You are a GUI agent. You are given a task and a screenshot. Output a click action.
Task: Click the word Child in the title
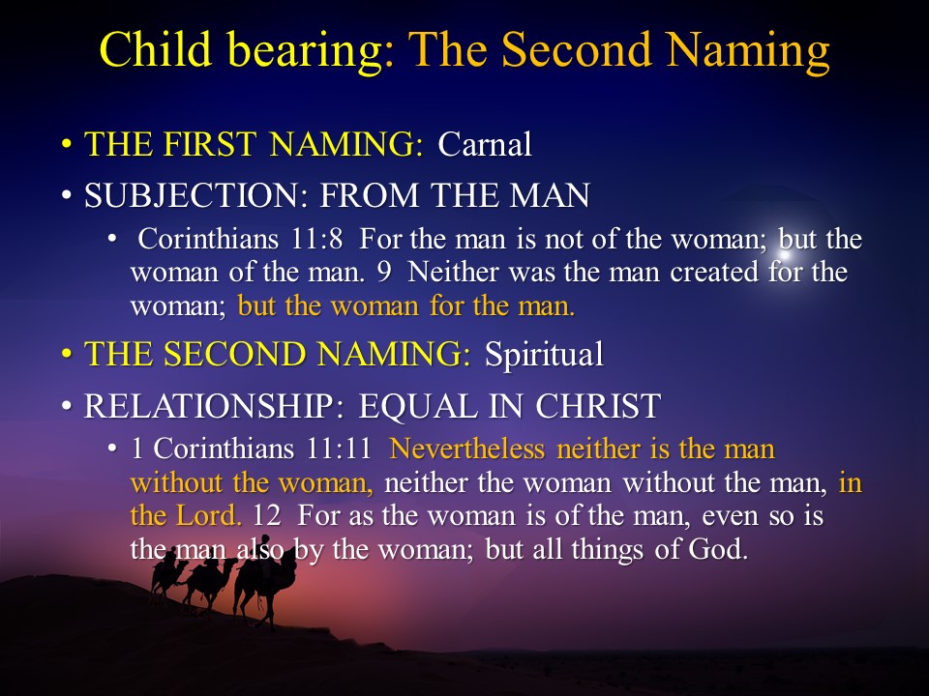156,48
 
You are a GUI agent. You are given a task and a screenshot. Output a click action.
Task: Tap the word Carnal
485,144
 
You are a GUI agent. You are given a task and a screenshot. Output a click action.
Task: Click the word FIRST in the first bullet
210,144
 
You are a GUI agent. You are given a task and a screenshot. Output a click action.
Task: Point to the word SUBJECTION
196,195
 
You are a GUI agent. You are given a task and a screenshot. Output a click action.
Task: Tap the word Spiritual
544,355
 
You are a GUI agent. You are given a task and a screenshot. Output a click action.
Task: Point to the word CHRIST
598,406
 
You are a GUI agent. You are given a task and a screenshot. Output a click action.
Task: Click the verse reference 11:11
339,449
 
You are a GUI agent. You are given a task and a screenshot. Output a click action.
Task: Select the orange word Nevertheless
467,449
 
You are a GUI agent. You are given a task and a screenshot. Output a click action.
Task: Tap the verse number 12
266,515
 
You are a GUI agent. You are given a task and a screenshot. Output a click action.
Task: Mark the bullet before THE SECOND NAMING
67,355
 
